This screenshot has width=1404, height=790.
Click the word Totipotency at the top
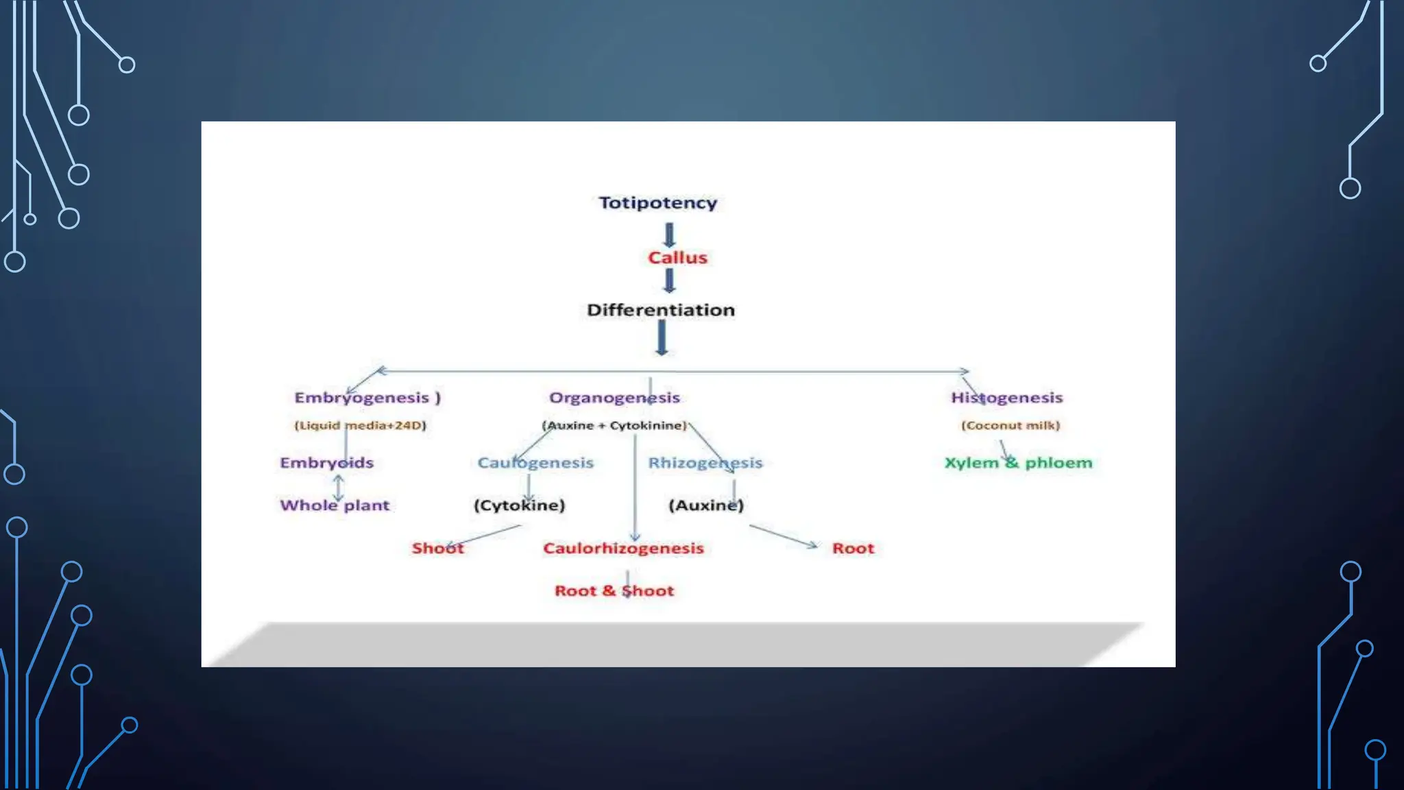(x=657, y=203)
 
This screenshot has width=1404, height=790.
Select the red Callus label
(x=677, y=258)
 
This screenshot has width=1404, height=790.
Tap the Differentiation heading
(x=660, y=310)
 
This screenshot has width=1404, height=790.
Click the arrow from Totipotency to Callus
(x=670, y=235)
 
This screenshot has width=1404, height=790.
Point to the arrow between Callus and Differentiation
(x=670, y=280)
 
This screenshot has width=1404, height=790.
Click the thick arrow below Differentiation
(x=662, y=337)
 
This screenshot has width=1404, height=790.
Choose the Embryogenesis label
(x=367, y=398)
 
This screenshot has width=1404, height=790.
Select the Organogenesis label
(x=614, y=398)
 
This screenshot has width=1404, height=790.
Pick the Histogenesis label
(x=1006, y=398)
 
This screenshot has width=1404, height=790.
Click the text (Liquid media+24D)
(x=360, y=425)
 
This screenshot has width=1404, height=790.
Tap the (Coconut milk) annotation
(x=1010, y=425)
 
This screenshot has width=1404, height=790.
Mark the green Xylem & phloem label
(x=1018, y=463)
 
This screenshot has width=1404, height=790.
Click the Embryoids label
(x=326, y=463)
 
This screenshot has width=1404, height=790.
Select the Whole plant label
(x=335, y=505)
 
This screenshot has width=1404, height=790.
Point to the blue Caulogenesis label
(x=535, y=463)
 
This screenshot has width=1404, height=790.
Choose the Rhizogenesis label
(x=705, y=463)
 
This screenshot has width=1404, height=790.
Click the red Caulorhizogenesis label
(x=623, y=549)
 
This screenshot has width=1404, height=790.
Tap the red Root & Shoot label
(x=614, y=591)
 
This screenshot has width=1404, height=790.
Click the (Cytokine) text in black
(x=519, y=505)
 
